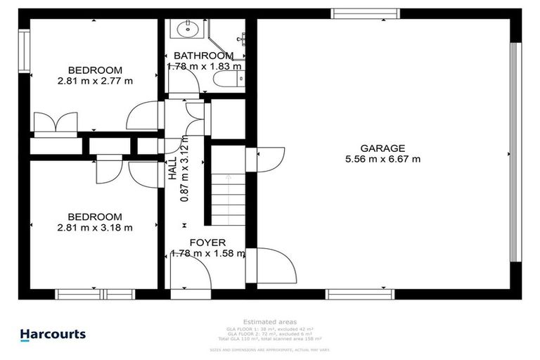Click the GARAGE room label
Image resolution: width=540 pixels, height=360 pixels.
pyautogui.click(x=382, y=148)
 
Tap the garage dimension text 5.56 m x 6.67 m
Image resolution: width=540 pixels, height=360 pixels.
pyautogui.click(x=382, y=159)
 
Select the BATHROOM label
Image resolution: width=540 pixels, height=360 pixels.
pyautogui.click(x=203, y=56)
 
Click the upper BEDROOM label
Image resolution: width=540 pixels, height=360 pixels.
pyautogui.click(x=95, y=70)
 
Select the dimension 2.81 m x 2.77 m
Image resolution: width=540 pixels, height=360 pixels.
pyautogui.click(x=95, y=81)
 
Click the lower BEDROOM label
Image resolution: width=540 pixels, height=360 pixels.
pyautogui.click(x=95, y=217)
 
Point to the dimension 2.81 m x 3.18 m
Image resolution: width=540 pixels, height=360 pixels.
pyautogui.click(x=95, y=227)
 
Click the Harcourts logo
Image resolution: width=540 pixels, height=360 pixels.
pyautogui.click(x=53, y=335)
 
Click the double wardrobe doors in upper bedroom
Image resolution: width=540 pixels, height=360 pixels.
pyautogui.click(x=56, y=122)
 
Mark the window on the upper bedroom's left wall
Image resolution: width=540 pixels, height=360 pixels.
pyautogui.click(x=25, y=50)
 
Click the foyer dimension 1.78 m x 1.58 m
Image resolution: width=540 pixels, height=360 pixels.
pyautogui.click(x=207, y=254)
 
